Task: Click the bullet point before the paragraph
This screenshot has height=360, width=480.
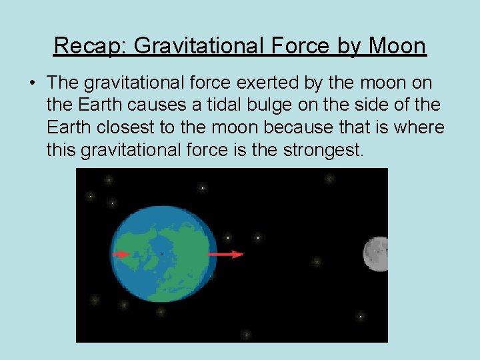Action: click(32, 84)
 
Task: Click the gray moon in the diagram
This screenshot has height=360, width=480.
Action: click(376, 254)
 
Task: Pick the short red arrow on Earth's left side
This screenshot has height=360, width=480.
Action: click(121, 254)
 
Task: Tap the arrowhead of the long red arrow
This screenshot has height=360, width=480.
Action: click(239, 254)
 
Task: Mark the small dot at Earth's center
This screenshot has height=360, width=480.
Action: click(161, 254)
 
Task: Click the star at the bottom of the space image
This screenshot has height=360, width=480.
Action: click(246, 335)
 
